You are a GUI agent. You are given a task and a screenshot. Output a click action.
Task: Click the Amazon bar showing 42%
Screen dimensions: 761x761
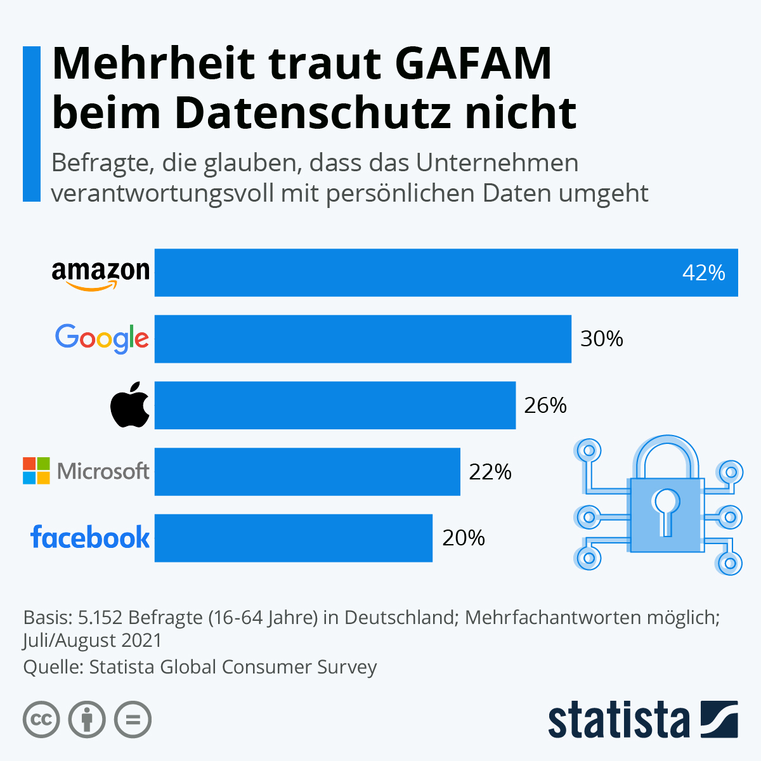[444, 273]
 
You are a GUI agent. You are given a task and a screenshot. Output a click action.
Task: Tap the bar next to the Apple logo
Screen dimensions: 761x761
[335, 405]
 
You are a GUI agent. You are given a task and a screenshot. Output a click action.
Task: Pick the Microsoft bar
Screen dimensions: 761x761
[308, 471]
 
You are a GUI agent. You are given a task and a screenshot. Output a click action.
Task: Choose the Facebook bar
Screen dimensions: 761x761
[294, 538]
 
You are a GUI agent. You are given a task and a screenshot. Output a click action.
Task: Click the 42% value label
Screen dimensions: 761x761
[703, 273]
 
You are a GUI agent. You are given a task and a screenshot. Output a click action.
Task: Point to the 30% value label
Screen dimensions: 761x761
[602, 339]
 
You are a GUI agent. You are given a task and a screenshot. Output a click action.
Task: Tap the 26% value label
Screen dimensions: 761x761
[545, 405]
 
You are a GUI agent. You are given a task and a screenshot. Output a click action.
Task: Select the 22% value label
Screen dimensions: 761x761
[490, 472]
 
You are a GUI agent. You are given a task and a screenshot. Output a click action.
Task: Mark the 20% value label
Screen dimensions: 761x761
[464, 538]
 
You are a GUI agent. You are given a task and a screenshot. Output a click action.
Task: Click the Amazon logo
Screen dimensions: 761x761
[100, 275]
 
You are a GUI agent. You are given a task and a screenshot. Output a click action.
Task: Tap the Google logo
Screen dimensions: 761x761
[102, 339]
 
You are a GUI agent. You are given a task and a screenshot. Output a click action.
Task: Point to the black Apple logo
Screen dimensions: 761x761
[130, 405]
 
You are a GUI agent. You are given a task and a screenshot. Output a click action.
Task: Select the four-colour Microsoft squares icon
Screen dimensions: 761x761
[36, 471]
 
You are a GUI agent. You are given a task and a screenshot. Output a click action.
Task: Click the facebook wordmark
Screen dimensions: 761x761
[90, 537]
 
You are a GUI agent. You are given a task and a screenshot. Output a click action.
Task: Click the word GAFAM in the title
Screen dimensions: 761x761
[474, 63]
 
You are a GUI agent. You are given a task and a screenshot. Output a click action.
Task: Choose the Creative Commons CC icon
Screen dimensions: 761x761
[41, 720]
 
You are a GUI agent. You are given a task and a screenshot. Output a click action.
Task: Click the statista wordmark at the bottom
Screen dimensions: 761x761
[618, 720]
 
